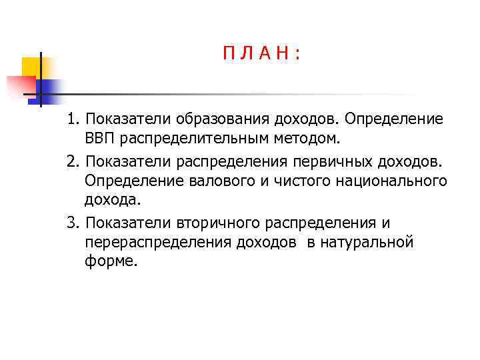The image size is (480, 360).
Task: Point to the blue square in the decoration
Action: (x=49, y=87)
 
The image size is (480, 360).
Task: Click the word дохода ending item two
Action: (x=113, y=201)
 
